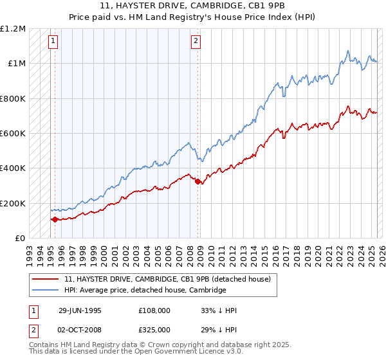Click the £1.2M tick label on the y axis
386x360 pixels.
coord(13,29)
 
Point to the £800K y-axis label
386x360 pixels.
coord(13,99)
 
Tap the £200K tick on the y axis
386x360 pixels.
coord(13,203)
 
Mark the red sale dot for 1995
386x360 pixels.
coord(55,219)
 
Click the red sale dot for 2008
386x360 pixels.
coord(198,182)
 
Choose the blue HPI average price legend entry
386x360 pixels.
coord(145,291)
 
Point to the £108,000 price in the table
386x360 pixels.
coord(156,310)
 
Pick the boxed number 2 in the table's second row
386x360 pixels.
coord(34,328)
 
